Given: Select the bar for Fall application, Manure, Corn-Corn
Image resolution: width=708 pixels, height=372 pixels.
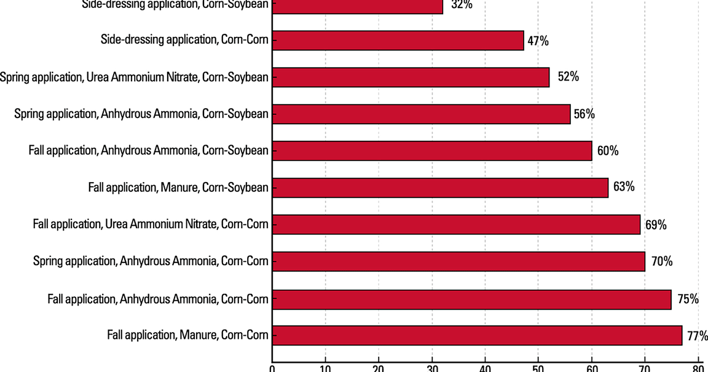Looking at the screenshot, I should pyautogui.click(x=477, y=336).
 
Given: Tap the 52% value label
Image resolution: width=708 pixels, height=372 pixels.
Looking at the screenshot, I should pyautogui.click(x=567, y=77).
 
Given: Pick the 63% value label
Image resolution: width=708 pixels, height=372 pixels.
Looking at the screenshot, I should pyautogui.click(x=623, y=186).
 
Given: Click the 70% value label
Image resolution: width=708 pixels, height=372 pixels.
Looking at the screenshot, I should pyautogui.click(x=661, y=261).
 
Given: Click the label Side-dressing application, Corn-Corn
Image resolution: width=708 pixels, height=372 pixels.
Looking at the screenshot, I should pyautogui.click(x=184, y=41).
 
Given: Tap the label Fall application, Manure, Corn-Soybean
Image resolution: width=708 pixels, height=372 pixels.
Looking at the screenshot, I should pyautogui.click(x=178, y=187).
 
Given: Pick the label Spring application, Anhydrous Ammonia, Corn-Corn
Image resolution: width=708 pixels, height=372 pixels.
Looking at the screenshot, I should pyautogui.click(x=151, y=261).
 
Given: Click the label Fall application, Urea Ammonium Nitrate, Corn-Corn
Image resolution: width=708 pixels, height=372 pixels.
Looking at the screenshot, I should pyautogui.click(x=151, y=224).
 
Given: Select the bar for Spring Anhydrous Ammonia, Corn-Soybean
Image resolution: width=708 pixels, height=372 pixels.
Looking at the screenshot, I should pyautogui.click(x=421, y=114).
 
